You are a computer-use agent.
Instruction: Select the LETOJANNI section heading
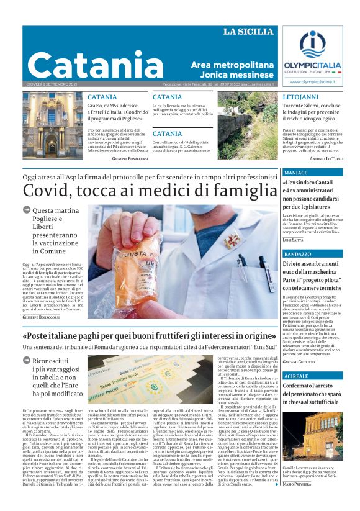(x=300, y=98)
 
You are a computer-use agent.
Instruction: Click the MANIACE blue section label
(x=296, y=172)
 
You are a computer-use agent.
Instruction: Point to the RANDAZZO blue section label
(x=299, y=255)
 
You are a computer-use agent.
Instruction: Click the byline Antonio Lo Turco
(x=326, y=159)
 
